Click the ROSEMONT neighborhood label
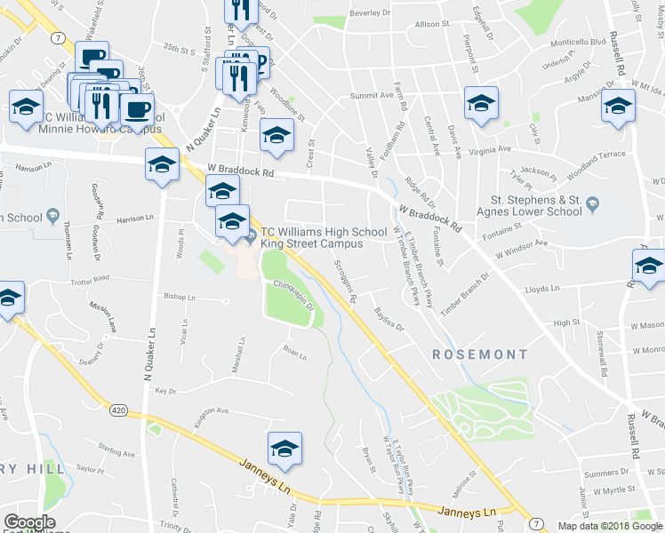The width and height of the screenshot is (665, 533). (x=480, y=354)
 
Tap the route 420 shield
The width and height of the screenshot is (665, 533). (x=119, y=410)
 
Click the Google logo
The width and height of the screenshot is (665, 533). (x=29, y=522)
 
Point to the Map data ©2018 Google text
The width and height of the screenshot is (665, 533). (x=609, y=526)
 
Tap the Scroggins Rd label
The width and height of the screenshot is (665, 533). (x=345, y=281)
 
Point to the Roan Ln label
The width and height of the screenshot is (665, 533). (x=294, y=356)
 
